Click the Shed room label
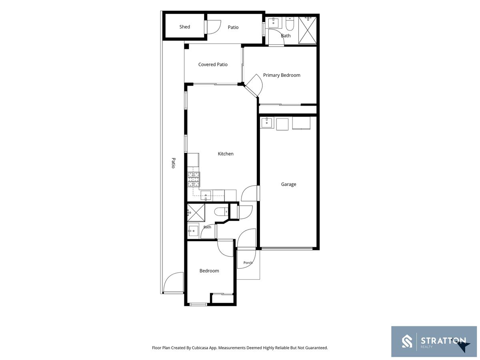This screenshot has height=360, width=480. pos(184,27)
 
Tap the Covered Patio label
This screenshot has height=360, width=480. pos(212,64)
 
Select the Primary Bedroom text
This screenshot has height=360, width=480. pos(282,75)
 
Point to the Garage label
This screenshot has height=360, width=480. pos(288,184)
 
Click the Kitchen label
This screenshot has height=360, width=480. pos(226,154)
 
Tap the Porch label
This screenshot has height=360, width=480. pos(248,262)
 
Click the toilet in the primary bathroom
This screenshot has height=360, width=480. pos(290,24)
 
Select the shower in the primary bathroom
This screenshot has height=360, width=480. pos(307,30)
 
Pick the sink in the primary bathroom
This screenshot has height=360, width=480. pos(273,22)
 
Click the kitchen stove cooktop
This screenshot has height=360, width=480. pos(194,179)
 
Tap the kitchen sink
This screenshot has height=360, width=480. pos(206,195)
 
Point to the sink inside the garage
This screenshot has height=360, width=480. pos(266,122)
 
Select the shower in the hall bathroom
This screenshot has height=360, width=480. pos(196,213)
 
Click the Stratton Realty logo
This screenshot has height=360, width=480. pos(434,342)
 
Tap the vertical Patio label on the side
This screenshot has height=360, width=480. pos(173,163)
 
